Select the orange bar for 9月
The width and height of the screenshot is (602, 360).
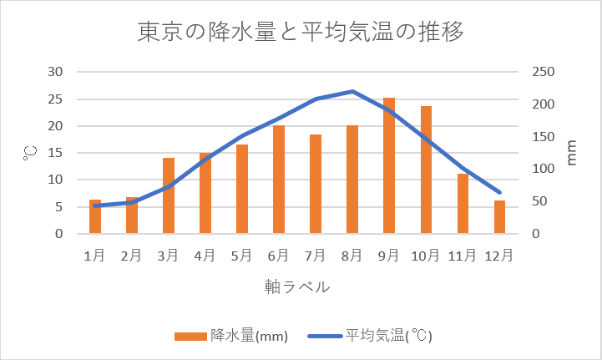pos(389,166)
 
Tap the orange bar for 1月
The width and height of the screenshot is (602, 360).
pos(95,217)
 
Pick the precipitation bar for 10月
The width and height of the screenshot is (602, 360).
pos(426,170)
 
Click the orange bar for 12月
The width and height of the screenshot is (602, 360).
pos(499,217)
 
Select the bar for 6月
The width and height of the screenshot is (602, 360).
pos(279,180)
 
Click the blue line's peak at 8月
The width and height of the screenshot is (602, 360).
pos(352,91)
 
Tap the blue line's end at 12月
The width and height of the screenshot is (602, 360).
pos(499,193)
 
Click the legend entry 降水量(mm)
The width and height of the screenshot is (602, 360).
pos(231,337)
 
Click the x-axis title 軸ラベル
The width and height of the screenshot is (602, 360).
pos(297,286)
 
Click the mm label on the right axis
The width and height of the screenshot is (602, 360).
pos(572,153)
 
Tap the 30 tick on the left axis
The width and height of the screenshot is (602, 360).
pos(56,72)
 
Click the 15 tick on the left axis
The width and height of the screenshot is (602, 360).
pos(56,153)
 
